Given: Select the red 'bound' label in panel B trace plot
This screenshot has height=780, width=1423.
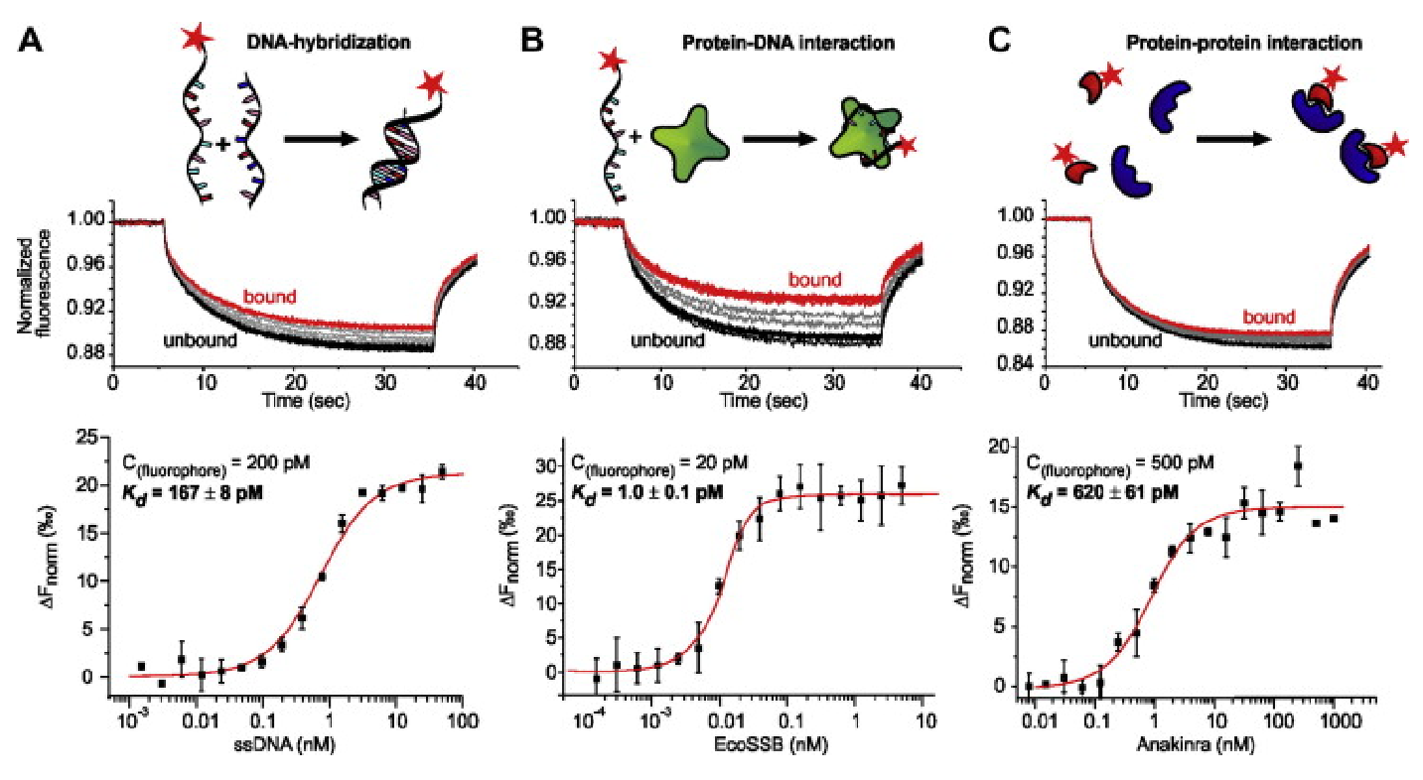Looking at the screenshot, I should (x=814, y=280).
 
